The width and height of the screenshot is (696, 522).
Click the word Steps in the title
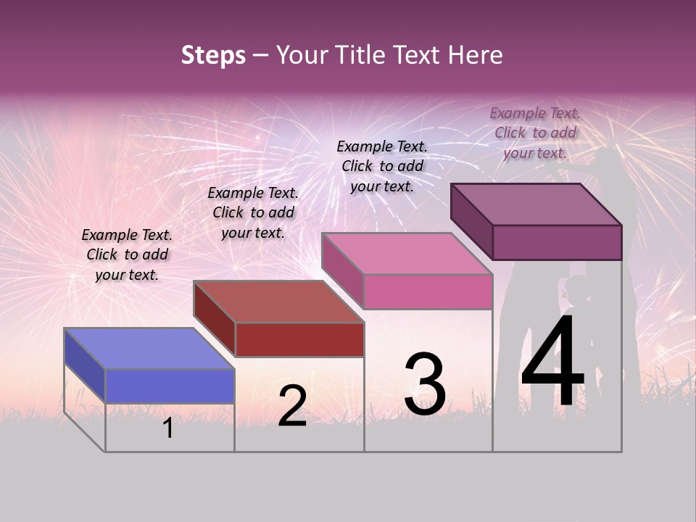pos(213,55)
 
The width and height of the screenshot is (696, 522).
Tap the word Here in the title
pos(476,55)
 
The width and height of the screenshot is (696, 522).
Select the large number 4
pos(552,362)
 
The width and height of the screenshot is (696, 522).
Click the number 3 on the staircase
pos(424,384)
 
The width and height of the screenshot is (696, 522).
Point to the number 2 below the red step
pos(292,407)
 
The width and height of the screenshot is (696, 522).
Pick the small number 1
pos(168,428)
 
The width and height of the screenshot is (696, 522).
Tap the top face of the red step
pos(278,302)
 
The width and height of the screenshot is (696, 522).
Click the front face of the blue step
pos(170,386)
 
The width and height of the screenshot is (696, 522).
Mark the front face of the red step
pos(299,339)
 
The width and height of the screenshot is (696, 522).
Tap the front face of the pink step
pos(428,291)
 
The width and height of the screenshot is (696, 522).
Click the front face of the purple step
pos(557,242)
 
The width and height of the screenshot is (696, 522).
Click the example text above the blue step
pos(127,254)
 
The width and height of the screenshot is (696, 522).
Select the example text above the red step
pos(253,212)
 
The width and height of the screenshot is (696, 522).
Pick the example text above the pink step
pos(382,166)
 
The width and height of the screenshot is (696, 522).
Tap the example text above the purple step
pos(535,133)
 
